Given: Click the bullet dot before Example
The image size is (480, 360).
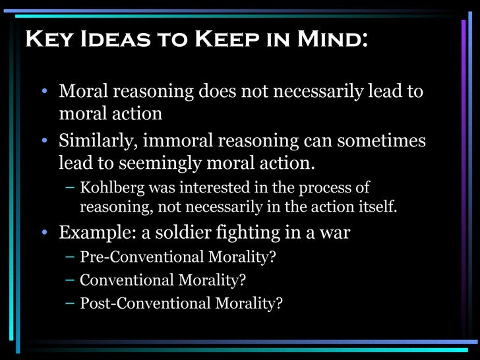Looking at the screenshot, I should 44,233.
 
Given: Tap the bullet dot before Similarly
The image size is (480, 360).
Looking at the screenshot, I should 44,142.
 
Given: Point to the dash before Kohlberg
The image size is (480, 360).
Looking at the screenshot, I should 70,187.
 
